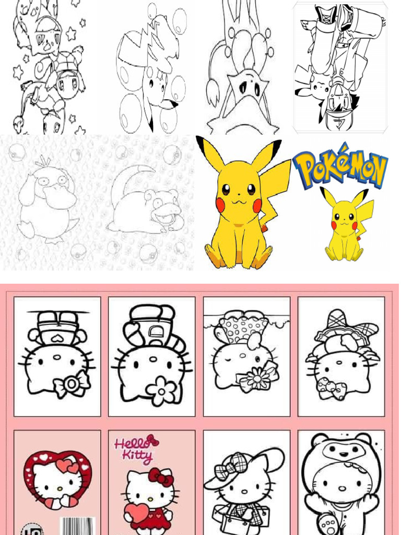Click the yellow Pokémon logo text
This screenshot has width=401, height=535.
click(340, 166)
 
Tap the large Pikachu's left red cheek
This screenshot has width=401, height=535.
click(220, 205)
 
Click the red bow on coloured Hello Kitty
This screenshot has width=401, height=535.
click(161, 476)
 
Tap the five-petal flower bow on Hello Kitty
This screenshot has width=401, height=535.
click(161, 391)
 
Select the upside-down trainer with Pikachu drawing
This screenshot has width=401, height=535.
click(340, 67)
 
